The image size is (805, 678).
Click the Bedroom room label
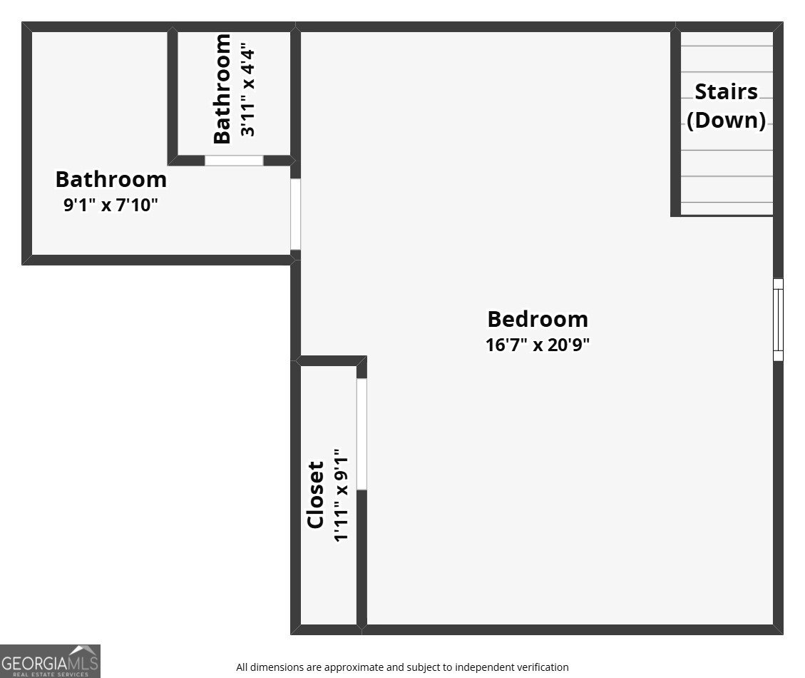[538, 318]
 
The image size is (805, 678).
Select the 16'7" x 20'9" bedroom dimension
[538, 345]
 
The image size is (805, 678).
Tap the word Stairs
[726, 92]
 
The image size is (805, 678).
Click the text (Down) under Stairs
[726, 120]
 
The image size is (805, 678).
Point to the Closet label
[316, 495]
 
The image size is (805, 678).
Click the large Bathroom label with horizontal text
[111, 178]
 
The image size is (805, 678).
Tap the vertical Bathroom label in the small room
[222, 89]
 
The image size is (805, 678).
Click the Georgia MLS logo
[50, 661]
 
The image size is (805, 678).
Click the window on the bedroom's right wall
[778, 319]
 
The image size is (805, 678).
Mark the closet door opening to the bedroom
[362, 434]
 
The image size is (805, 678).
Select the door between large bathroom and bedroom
[295, 214]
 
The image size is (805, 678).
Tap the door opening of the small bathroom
[234, 161]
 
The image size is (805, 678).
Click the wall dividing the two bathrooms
[173, 93]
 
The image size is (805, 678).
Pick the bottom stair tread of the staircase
[727, 208]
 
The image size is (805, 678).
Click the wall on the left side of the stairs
[675, 121]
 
